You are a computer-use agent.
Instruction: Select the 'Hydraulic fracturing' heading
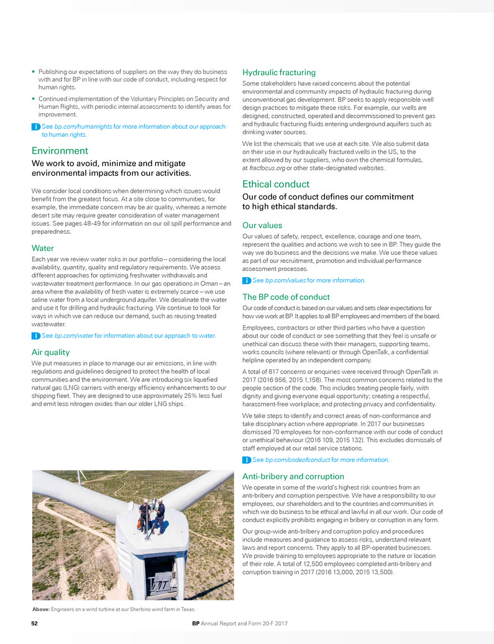(279, 73)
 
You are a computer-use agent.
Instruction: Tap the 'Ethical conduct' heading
(276, 184)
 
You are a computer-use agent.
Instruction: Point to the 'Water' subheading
(42, 247)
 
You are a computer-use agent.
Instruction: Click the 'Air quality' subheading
(50, 352)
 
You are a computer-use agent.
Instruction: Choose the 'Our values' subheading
(262, 226)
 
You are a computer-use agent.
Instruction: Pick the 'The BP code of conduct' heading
(286, 297)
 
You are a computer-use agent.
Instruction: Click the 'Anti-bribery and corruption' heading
(293, 476)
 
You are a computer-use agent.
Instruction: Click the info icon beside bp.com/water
(35, 336)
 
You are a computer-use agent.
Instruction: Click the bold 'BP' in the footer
(196, 623)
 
